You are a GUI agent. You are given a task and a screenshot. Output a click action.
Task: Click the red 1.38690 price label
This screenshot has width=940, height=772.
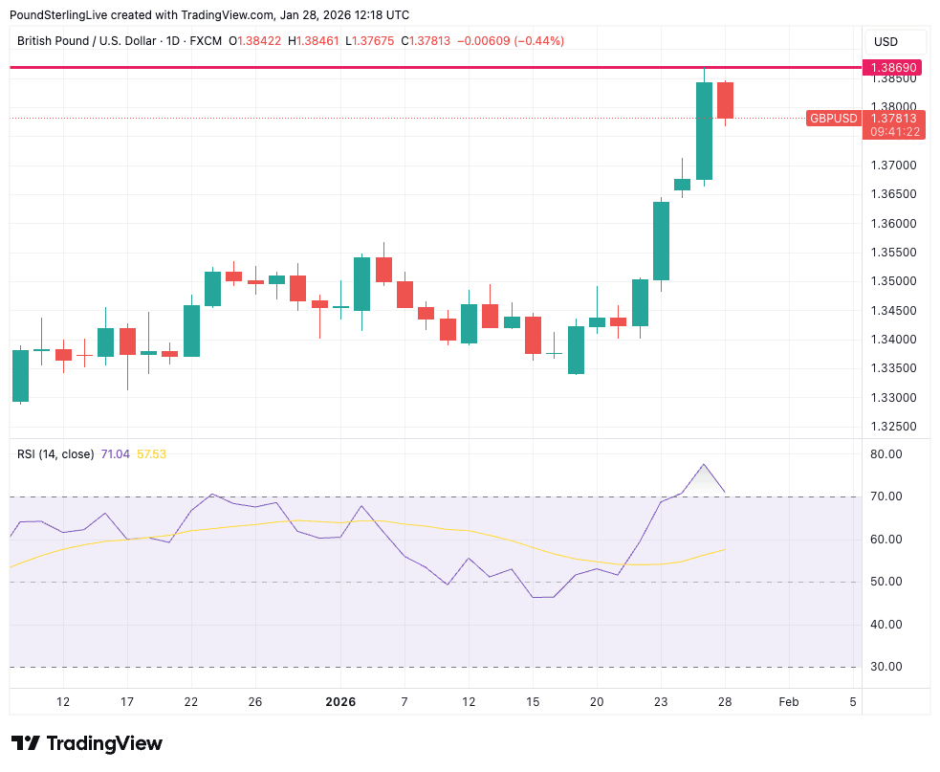pyautogui.click(x=893, y=68)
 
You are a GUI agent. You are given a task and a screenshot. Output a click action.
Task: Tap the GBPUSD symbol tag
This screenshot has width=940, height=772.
pyautogui.click(x=834, y=119)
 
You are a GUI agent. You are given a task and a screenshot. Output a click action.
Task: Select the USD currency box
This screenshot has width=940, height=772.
pyautogui.click(x=886, y=42)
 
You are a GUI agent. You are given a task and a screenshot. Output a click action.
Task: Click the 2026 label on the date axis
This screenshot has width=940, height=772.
pyautogui.click(x=340, y=702)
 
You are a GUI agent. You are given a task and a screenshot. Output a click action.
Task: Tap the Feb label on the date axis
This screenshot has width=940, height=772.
pyautogui.click(x=789, y=702)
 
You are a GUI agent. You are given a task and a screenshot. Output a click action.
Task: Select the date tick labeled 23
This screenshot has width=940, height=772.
pyautogui.click(x=661, y=702)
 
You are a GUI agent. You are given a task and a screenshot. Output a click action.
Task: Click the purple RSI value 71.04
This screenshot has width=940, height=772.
pyautogui.click(x=116, y=454)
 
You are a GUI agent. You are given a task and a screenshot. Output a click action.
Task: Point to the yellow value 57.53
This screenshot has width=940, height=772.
pyautogui.click(x=152, y=454)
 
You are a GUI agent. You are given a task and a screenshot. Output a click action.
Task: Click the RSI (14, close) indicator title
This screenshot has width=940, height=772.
pyautogui.click(x=55, y=454)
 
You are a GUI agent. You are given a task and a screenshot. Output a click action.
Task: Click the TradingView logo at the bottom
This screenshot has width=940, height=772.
pyautogui.click(x=87, y=743)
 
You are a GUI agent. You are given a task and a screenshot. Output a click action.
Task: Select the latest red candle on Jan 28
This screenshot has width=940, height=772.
pyautogui.click(x=725, y=100)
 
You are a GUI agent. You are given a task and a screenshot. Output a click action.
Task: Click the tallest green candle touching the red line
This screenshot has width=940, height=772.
pyautogui.click(x=704, y=130)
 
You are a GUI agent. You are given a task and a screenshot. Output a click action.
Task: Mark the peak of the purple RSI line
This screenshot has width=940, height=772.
pyautogui.click(x=704, y=465)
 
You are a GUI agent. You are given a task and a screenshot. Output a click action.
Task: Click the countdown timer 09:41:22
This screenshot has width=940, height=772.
pyautogui.click(x=893, y=132)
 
